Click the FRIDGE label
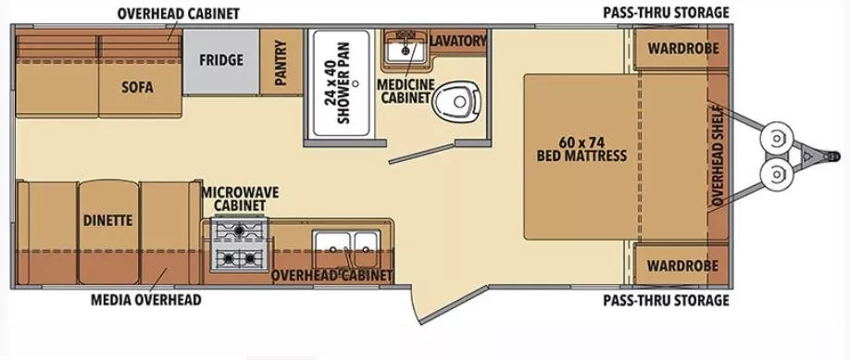tap(220, 61)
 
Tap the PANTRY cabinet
tap(280, 60)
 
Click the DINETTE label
tap(107, 220)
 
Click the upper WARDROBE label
tap(682, 48)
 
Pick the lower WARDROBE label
tap(682, 266)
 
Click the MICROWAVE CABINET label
tap(241, 198)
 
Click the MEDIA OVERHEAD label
tap(145, 300)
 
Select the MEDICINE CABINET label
tap(406, 91)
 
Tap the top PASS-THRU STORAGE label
tap(666, 13)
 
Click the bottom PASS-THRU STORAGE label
tap(666, 300)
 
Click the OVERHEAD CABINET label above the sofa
tap(178, 13)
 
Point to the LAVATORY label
tap(457, 41)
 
